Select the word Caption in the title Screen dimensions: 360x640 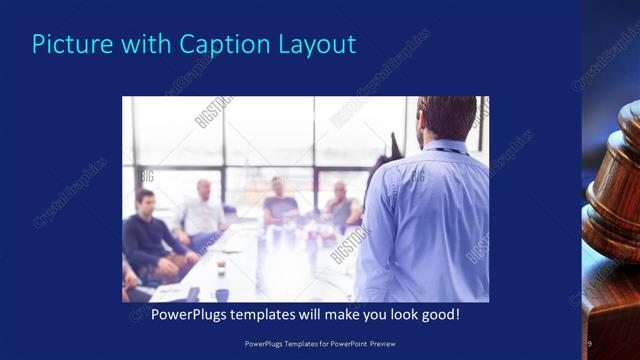click(218, 44)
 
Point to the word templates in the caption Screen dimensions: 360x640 click(276, 315)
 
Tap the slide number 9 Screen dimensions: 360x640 click(589, 344)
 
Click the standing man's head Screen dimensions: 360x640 click(446, 118)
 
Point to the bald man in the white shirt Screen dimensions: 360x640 click(202, 211)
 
